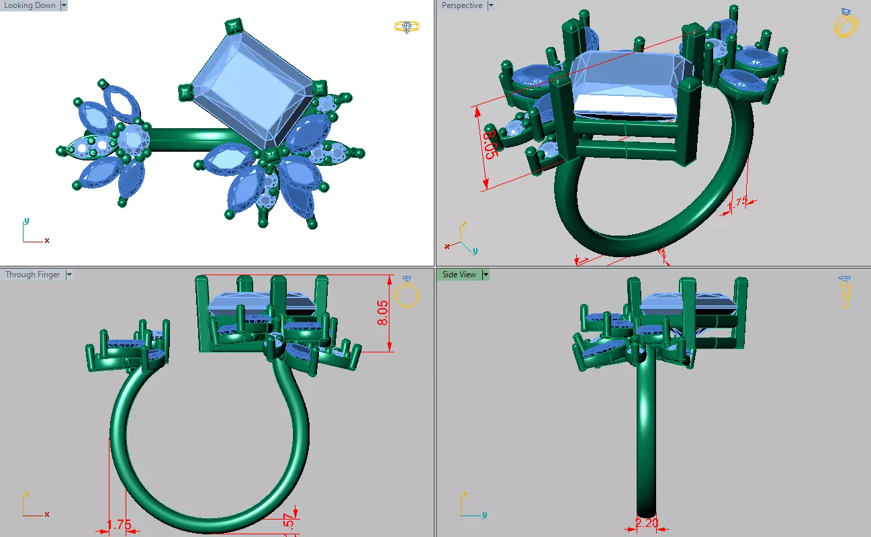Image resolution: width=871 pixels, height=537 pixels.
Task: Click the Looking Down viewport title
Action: [30, 6]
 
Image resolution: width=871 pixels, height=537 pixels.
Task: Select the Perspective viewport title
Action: [462, 6]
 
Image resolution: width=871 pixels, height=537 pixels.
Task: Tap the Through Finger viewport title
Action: [32, 275]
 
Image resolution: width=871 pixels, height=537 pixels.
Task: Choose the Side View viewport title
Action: [459, 275]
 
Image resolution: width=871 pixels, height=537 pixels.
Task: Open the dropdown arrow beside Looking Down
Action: [64, 6]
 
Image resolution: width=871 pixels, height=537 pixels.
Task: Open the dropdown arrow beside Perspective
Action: [490, 6]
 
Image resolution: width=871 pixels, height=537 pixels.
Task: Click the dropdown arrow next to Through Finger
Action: [68, 275]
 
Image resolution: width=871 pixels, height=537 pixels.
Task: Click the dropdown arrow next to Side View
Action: [485, 275]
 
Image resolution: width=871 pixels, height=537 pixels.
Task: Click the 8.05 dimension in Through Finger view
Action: [382, 313]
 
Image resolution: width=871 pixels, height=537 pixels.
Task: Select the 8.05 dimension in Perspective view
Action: [490, 145]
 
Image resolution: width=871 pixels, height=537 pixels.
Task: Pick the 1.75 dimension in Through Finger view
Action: [120, 525]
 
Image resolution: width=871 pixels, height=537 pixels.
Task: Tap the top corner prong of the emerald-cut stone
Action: [233, 27]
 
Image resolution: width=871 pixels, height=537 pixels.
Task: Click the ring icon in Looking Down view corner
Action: [407, 27]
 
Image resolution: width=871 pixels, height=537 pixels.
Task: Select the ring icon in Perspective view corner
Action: [845, 23]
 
